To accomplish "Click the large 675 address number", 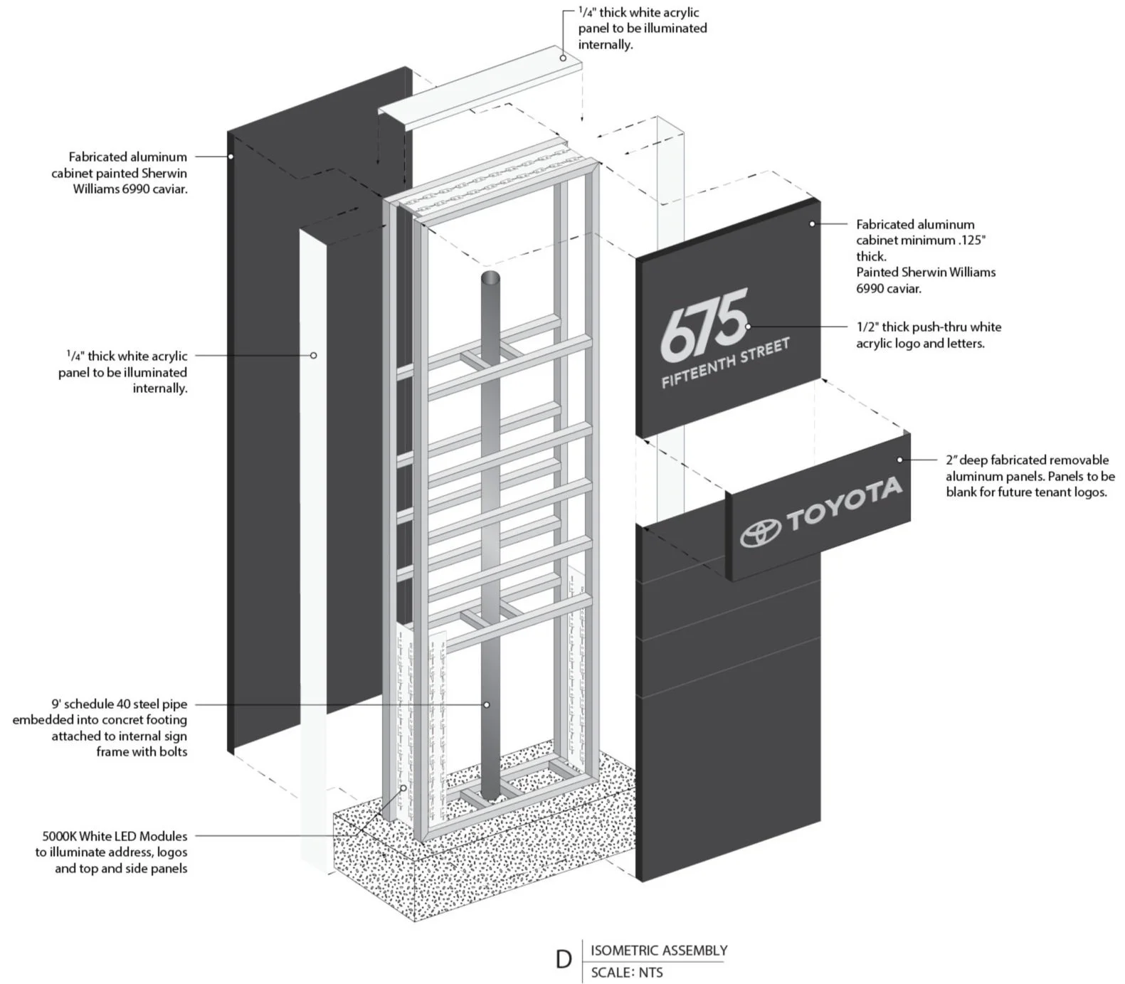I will click(x=703, y=324).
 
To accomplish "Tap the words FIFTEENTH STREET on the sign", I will click(x=725, y=363).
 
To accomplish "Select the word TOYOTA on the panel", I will click(x=844, y=502).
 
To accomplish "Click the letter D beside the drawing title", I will click(x=564, y=960).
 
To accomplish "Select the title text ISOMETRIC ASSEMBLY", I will click(x=659, y=951).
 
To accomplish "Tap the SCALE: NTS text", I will click(x=626, y=973).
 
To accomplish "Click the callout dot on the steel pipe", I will click(x=487, y=704).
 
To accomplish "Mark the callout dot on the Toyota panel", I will click(x=900, y=460).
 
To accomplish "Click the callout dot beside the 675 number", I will click(x=748, y=327).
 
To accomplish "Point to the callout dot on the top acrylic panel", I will click(x=563, y=58).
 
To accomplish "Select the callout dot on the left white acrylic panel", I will click(x=314, y=355).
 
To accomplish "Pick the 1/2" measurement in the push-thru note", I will click(x=867, y=327).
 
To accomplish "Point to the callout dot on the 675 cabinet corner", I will click(x=812, y=224).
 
